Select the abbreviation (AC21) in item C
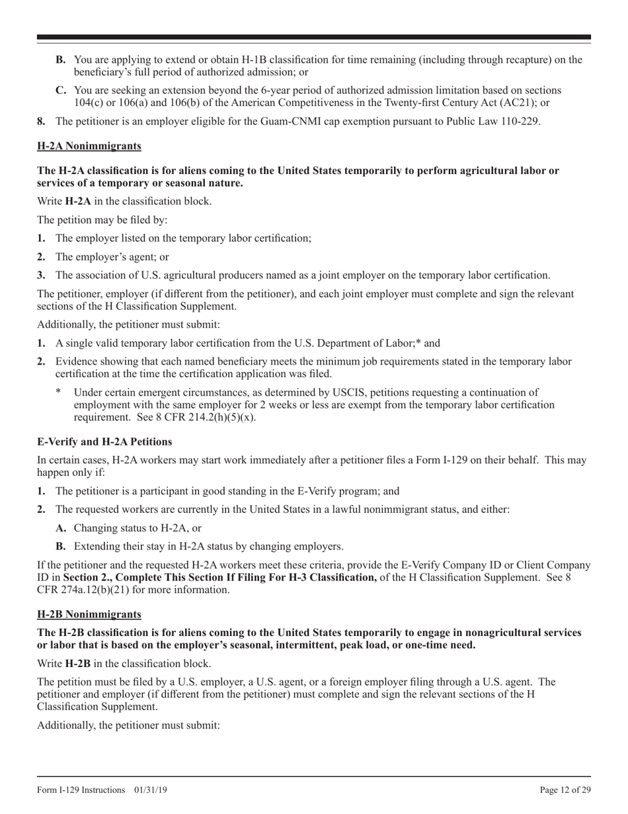tap(513, 103)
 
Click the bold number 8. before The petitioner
tap(42, 122)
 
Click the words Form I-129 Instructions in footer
tap(81, 790)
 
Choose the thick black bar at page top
tap(314, 38)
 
